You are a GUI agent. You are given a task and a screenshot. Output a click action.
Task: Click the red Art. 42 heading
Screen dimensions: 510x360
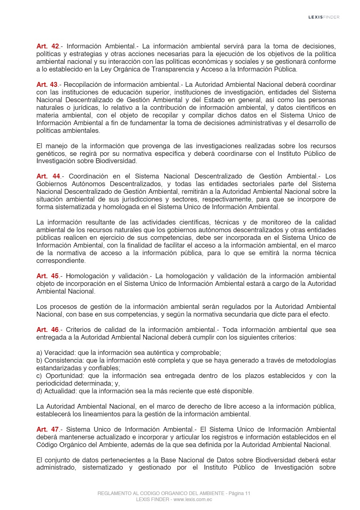48,46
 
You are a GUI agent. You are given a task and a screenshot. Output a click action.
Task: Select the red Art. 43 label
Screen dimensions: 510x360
48,85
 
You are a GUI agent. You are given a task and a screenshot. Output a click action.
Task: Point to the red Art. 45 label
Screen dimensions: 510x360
48,276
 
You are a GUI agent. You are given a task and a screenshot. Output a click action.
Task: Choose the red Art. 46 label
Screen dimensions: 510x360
48,330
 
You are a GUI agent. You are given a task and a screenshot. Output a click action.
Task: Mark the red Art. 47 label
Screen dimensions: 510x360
48,430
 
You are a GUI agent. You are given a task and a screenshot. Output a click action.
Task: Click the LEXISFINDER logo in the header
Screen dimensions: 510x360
324,17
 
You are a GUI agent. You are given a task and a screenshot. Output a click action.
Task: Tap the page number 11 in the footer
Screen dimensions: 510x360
248,493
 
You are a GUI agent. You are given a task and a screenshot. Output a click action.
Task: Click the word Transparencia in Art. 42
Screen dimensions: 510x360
178,69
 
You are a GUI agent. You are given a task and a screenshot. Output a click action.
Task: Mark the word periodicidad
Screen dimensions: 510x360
54,384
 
